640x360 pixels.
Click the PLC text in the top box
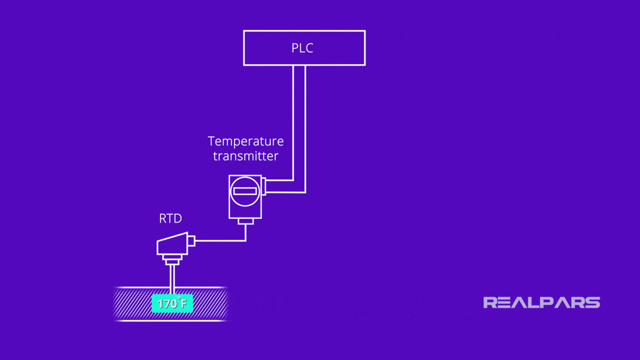[303, 48]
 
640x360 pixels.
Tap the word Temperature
[246, 141]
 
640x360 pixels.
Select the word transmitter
[246, 156]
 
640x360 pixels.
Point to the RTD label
[170, 219]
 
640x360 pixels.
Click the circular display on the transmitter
[245, 191]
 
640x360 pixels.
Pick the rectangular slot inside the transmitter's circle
[245, 191]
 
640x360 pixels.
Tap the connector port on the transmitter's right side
[264, 186]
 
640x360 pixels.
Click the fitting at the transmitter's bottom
[246, 221]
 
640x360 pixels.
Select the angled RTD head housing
[172, 244]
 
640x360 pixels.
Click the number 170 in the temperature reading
[167, 304]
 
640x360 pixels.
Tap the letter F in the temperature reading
[183, 304]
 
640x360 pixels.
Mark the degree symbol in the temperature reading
[179, 298]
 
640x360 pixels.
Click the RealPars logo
[541, 302]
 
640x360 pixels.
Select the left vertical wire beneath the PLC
[293, 122]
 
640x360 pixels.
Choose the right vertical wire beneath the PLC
[305, 128]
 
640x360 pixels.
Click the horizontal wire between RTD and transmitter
[220, 240]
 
